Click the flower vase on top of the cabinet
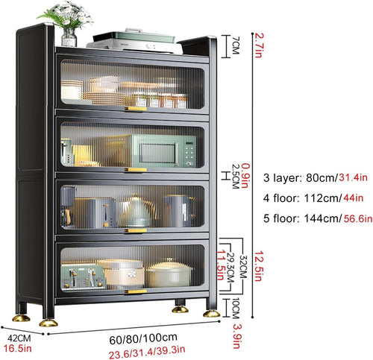69,37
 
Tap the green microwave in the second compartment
163,151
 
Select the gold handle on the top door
136,109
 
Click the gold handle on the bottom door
136,291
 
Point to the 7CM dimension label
235,45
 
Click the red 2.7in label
259,45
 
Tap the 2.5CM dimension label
235,177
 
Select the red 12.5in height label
258,266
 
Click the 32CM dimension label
243,267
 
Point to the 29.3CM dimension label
231,268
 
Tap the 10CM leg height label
235,308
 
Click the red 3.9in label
237,336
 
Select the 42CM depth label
19,338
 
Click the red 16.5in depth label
17,348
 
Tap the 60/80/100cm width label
143,339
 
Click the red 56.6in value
358,218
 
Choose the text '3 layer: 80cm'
298,178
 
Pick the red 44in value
353,198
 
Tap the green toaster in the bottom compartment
83,277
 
